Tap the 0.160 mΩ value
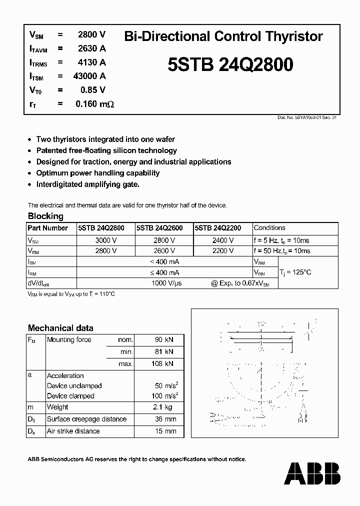(x=94, y=104)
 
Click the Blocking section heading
(x=45, y=216)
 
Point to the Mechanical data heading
(x=60, y=328)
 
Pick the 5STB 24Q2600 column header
(x=159, y=228)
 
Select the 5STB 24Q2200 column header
(x=218, y=228)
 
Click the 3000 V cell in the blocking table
(x=105, y=240)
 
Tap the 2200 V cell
(x=222, y=251)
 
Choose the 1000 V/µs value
(x=166, y=283)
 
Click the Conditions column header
(x=269, y=228)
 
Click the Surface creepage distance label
(x=86, y=419)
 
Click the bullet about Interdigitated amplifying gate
(x=88, y=184)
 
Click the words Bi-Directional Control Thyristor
(x=223, y=36)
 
